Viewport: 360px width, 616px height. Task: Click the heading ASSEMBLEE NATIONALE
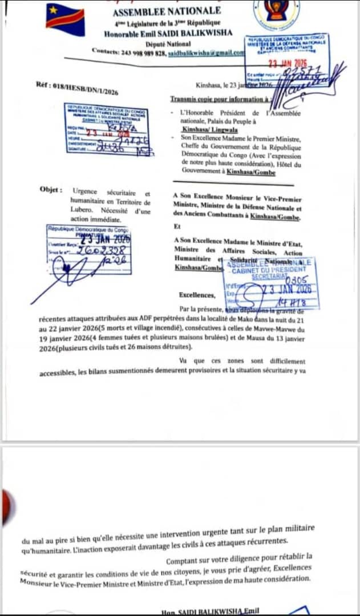pos(166,11)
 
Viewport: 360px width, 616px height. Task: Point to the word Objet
pos(51,189)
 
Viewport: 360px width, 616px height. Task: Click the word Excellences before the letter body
pos(197,295)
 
